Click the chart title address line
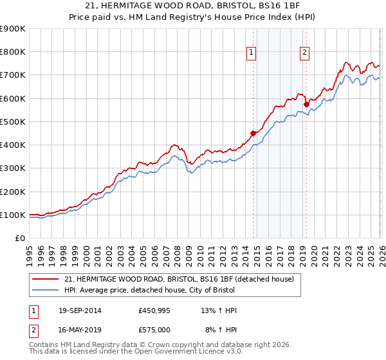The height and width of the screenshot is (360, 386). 192,7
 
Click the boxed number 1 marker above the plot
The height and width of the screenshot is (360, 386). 250,53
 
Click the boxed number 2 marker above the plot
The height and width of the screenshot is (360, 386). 304,53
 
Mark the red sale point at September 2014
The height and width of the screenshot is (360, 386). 253,133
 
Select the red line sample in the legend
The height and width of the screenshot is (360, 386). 46,279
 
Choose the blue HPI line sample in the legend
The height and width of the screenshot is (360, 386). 46,291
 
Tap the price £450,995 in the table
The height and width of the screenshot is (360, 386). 154,310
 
